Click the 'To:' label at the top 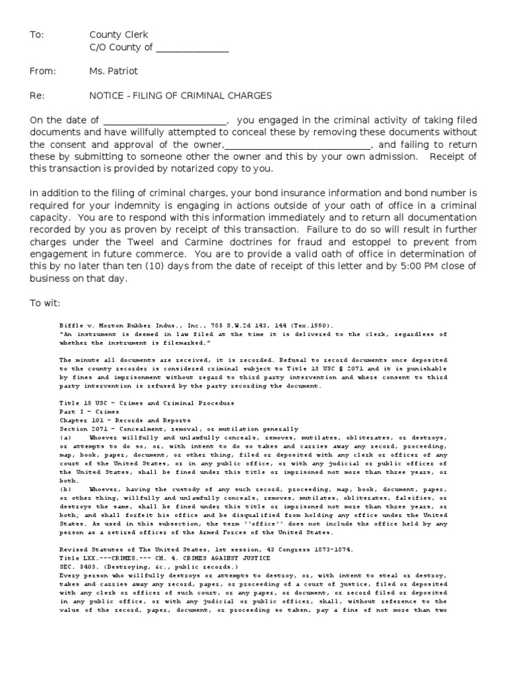[x=36, y=35]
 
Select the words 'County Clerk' [x=119, y=35]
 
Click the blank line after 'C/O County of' [x=192, y=48]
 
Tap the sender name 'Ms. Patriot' [x=114, y=71]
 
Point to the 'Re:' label [x=36, y=96]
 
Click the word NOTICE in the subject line [x=108, y=96]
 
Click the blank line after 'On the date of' [x=164, y=121]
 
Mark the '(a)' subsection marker [x=65, y=437]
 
